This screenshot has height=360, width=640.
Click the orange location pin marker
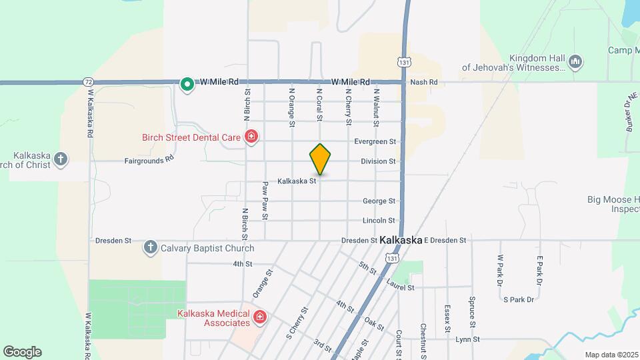[320, 159]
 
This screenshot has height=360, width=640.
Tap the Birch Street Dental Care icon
[251, 137]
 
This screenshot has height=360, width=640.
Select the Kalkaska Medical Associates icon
[260, 317]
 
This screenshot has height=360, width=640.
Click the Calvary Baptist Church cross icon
[150, 248]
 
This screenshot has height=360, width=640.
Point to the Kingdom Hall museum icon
[576, 62]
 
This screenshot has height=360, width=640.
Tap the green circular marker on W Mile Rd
[188, 84]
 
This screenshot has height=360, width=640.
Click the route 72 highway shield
[89, 81]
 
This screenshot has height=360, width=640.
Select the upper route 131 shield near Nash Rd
[403, 62]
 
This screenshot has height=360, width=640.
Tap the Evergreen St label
[375, 141]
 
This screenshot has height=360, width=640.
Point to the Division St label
[378, 161]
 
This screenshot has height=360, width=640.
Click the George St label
[379, 201]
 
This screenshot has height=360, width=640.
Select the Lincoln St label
[379, 221]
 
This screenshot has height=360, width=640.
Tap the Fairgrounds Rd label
[149, 161]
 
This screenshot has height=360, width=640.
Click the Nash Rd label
[424, 82]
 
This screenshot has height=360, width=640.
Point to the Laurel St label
[400, 287]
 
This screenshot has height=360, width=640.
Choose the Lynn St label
[468, 339]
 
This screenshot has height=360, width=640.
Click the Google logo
[22, 352]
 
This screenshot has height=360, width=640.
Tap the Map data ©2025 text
[611, 355]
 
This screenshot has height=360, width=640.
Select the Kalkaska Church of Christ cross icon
[61, 158]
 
